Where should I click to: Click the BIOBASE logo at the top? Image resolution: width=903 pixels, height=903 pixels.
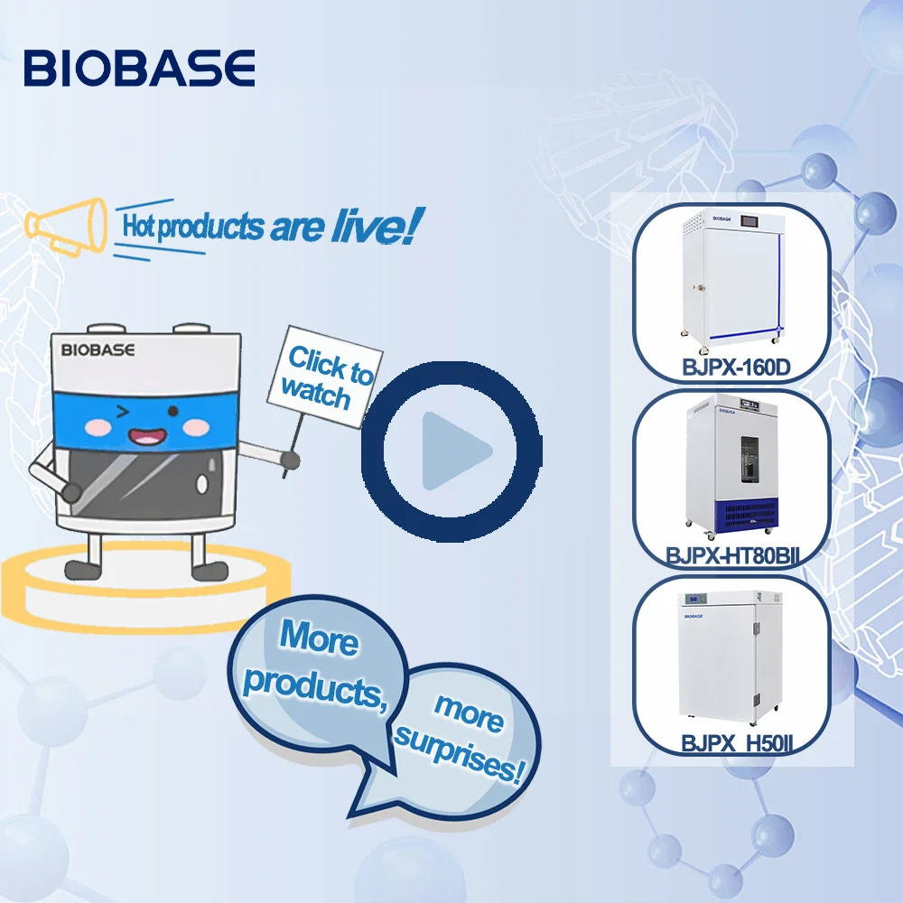coord(139,68)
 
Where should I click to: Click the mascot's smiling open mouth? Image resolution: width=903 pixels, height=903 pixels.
coord(144,437)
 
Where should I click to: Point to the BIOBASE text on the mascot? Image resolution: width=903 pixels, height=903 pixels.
coord(98,349)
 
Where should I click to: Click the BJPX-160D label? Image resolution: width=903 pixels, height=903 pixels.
coord(731,368)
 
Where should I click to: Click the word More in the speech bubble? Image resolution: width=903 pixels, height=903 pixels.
coord(318,638)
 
